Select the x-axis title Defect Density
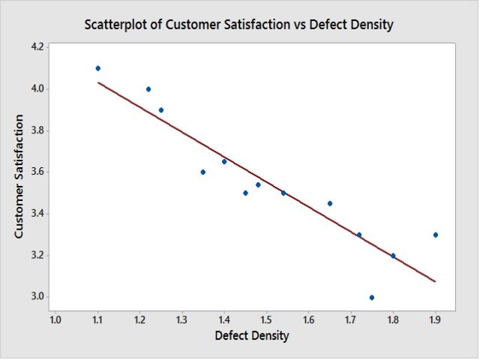(x=251, y=335)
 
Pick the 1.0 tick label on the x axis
(x=55, y=320)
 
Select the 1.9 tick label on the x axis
(x=435, y=320)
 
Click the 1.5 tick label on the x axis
(x=266, y=320)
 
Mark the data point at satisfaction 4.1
(x=97, y=68)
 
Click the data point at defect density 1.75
(x=372, y=298)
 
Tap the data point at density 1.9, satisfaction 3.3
(x=435, y=235)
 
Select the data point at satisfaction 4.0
(x=148, y=89)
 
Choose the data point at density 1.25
(x=161, y=110)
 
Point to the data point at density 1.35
(x=203, y=172)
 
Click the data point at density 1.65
(x=330, y=203)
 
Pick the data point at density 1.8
(x=393, y=256)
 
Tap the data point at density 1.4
(x=224, y=162)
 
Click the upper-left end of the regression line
(x=98, y=82)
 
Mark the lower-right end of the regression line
(x=435, y=282)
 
